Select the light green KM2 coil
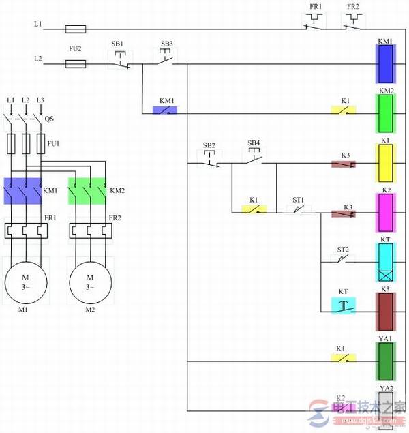tap(385, 113)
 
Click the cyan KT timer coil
tap(385, 263)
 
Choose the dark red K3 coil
tap(385, 311)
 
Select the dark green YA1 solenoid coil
tap(385, 359)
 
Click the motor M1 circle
tap(25, 282)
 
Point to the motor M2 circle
tap(90, 282)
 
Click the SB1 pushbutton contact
tap(119, 63)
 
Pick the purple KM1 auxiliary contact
tap(164, 110)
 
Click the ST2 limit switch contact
tap(343, 260)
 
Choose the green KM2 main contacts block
tap(87, 191)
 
